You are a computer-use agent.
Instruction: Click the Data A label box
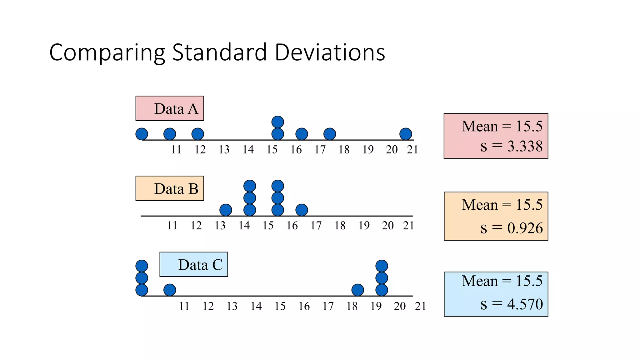tap(170, 108)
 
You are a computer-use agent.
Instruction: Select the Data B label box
tap(170, 188)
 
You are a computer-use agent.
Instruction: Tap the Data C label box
tap(194, 264)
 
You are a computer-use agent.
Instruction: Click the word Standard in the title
tap(220, 52)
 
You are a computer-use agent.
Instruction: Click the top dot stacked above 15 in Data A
tap(278, 122)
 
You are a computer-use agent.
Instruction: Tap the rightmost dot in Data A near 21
tap(406, 134)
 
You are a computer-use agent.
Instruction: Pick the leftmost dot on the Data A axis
tap(142, 134)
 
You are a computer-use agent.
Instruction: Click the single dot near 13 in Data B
tap(226, 210)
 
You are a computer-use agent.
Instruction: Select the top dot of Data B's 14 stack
tap(250, 186)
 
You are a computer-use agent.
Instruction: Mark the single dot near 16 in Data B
tap(302, 210)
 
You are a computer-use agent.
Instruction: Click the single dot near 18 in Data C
tap(358, 290)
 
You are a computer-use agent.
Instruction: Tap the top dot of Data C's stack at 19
tap(382, 266)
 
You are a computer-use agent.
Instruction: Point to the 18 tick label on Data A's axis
tap(344, 150)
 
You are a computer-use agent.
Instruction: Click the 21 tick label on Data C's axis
tap(420, 306)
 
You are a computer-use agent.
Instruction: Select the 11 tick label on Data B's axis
tap(172, 226)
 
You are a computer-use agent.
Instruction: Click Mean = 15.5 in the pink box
tap(502, 126)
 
